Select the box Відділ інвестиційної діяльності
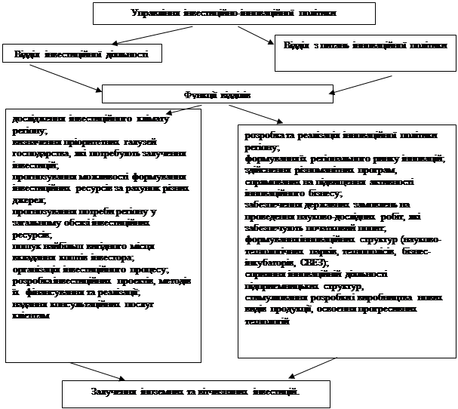(82, 54)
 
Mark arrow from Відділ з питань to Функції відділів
(362, 82)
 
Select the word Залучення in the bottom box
(114, 392)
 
